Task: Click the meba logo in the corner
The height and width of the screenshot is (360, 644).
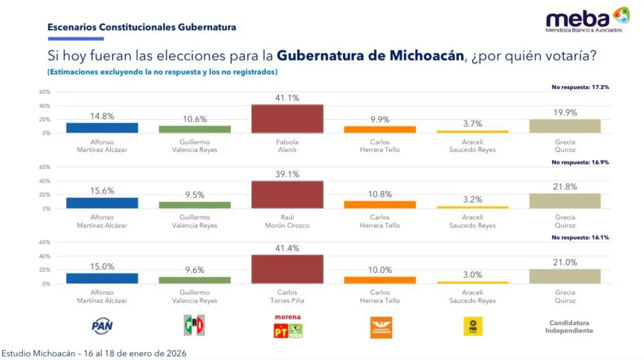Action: (588, 20)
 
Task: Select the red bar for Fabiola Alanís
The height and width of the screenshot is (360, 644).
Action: (287, 119)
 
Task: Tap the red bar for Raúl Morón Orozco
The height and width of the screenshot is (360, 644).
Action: (287, 194)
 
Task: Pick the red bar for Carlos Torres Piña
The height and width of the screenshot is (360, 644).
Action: (287, 269)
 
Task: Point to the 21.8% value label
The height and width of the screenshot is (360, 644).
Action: (565, 186)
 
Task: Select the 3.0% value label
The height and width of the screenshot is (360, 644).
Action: (472, 274)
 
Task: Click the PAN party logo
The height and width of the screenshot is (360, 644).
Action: (102, 327)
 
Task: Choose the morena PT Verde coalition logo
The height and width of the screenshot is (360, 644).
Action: (287, 327)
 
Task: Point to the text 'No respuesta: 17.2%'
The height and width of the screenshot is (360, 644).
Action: (580, 87)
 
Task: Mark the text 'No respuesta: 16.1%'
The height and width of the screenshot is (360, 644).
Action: (580, 237)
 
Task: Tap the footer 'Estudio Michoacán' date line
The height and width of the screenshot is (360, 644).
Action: (94, 354)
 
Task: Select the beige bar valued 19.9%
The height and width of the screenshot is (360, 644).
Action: (565, 126)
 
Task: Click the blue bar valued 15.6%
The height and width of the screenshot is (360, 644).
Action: (102, 203)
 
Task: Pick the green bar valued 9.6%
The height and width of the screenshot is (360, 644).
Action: (194, 280)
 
